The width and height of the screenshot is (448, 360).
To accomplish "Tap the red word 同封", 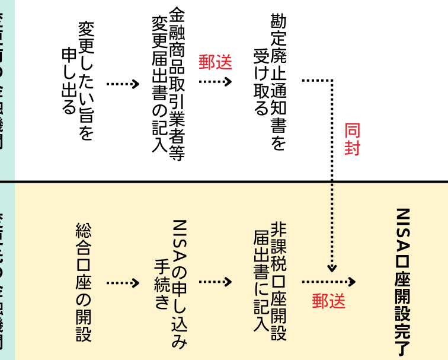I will [x=352, y=139].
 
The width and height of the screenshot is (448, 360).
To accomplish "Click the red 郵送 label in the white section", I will [x=215, y=62].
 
